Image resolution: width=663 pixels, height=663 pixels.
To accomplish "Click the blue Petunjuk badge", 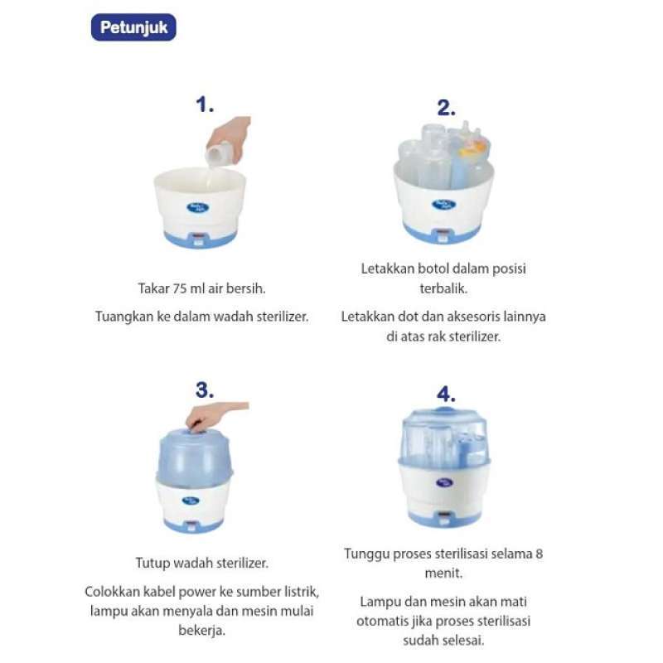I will (133, 27).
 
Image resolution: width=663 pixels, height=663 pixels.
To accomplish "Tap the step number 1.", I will (205, 105).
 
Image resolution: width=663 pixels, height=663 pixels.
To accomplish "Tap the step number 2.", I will (447, 108).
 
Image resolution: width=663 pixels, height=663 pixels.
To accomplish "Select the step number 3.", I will (205, 391).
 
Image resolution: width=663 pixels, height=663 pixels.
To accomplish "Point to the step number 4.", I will (446, 395).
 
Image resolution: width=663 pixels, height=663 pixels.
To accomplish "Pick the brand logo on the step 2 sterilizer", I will (445, 204).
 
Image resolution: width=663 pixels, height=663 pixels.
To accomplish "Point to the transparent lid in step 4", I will (444, 436).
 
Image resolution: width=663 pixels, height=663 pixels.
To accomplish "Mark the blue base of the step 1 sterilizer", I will (199, 237).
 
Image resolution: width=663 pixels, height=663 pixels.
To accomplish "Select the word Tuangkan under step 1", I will (123, 316).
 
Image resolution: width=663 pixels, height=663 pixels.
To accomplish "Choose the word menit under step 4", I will (443, 572).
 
